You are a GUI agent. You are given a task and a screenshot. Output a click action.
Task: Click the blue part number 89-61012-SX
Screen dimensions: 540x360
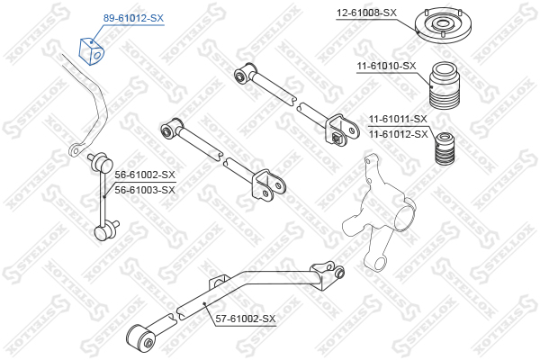pyautogui.click(x=133, y=18)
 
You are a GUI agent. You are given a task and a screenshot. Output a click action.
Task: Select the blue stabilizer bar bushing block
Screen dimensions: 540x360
pyautogui.click(x=91, y=51)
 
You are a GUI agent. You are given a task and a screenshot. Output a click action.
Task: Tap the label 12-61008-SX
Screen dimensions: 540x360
pyautogui.click(x=366, y=13)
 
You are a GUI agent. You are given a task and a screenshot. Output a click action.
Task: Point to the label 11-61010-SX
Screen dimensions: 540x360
pyautogui.click(x=386, y=66)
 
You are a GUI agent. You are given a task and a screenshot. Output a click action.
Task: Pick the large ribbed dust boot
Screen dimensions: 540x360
pyautogui.click(x=445, y=85)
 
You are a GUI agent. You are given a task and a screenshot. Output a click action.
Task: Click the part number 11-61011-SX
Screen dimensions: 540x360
pyautogui.click(x=398, y=119)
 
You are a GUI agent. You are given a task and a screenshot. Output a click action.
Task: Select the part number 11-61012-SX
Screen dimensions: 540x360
pyautogui.click(x=398, y=134)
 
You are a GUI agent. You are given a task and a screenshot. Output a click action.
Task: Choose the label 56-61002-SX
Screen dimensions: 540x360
pyautogui.click(x=145, y=175)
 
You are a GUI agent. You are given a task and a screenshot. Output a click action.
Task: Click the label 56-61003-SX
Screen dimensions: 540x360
pyautogui.click(x=145, y=190)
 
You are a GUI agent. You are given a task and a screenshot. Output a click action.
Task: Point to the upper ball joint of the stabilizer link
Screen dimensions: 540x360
pyautogui.click(x=102, y=161)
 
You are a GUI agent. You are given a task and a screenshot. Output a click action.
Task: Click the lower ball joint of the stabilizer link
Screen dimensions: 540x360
pyautogui.click(x=105, y=230)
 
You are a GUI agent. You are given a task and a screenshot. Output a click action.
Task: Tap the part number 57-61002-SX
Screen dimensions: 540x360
pyautogui.click(x=246, y=319)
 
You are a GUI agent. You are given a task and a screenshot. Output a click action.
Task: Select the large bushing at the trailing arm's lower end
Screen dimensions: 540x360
pyautogui.click(x=140, y=337)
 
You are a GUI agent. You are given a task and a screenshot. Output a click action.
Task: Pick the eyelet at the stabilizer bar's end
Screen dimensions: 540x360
pyautogui.click(x=76, y=149)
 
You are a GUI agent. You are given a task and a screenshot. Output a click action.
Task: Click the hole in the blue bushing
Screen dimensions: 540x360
pyautogui.click(x=97, y=56)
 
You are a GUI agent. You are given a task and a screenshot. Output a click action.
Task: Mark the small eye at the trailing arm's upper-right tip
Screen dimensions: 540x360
pyautogui.click(x=339, y=273)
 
